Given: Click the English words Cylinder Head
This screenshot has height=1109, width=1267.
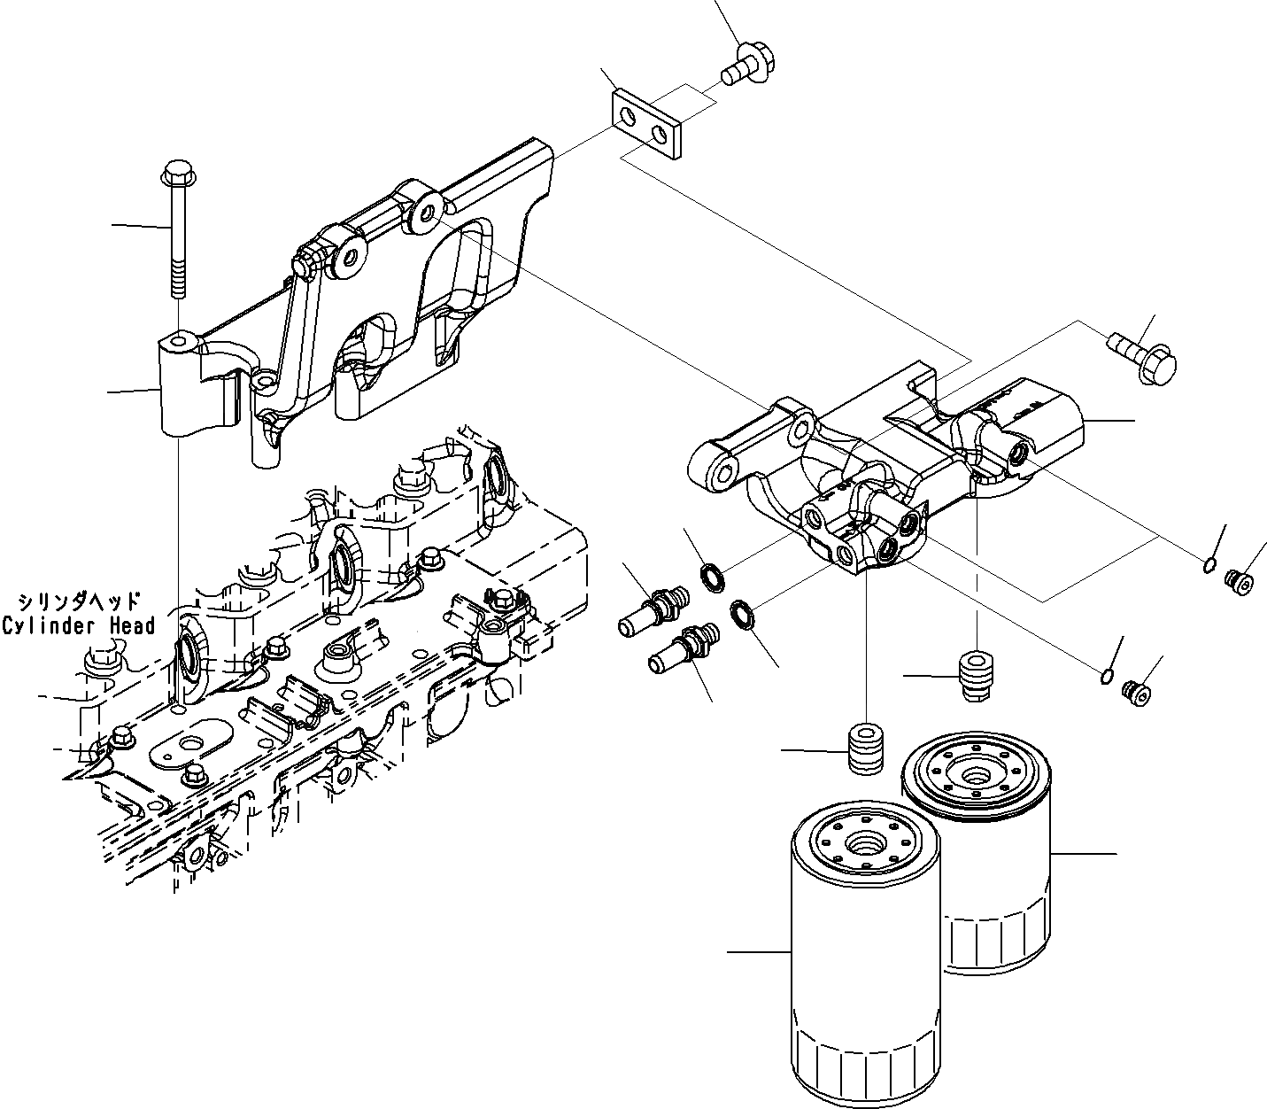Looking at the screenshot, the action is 79,625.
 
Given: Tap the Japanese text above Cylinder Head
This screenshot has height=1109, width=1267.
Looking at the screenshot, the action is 78,601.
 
